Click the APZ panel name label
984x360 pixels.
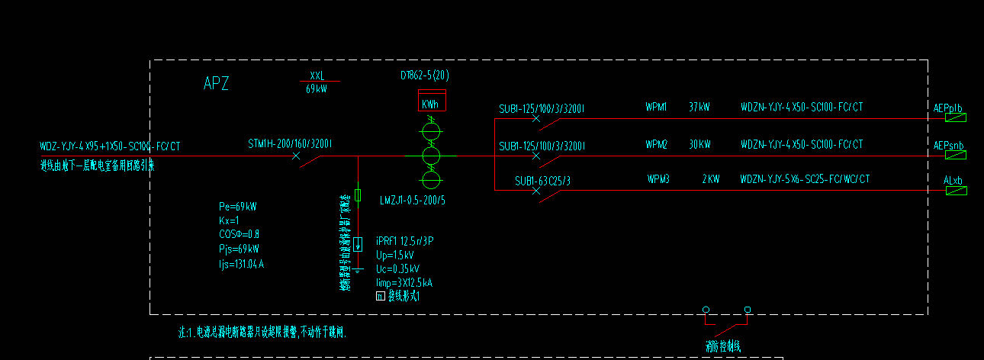click(x=216, y=84)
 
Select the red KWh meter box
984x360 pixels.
click(x=431, y=101)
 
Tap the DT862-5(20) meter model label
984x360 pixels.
click(x=424, y=76)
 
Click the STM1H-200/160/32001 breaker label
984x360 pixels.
click(x=290, y=144)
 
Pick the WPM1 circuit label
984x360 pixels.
click(x=656, y=108)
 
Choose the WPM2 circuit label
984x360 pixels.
click(x=656, y=144)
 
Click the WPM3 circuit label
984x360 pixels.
click(x=658, y=179)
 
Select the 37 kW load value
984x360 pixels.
click(x=699, y=108)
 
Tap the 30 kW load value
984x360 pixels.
click(x=699, y=144)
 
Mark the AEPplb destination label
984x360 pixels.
click(x=948, y=108)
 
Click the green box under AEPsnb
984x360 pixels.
click(x=956, y=155)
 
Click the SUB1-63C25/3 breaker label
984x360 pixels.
click(x=542, y=181)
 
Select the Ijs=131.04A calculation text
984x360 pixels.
click(x=241, y=264)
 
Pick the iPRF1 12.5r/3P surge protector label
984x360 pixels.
click(x=405, y=241)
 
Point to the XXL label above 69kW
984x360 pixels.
click(x=317, y=76)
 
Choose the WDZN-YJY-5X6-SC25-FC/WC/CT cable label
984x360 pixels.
click(x=805, y=179)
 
